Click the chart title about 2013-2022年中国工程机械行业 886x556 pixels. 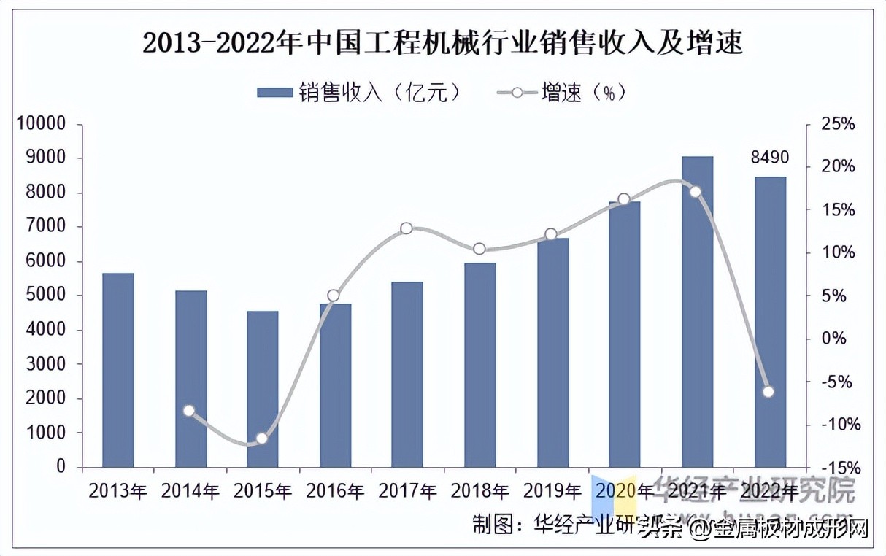coord(442,44)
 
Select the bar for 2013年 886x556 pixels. coord(118,370)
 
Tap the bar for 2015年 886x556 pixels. coord(263,389)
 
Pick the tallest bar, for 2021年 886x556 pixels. coord(697,312)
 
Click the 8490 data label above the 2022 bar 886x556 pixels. coord(770,158)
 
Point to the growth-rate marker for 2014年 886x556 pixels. coord(189,411)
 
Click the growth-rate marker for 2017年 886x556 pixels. coord(407,228)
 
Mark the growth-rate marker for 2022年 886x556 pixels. coord(768,392)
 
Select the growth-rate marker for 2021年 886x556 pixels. coord(696,192)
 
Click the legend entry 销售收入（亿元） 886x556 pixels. coord(359,93)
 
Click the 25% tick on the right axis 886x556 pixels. coord(837,124)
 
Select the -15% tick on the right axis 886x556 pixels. coord(836,467)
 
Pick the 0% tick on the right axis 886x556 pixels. coord(832,339)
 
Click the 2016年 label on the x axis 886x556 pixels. coord(335,490)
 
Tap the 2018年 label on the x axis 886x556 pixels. coord(479,490)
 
